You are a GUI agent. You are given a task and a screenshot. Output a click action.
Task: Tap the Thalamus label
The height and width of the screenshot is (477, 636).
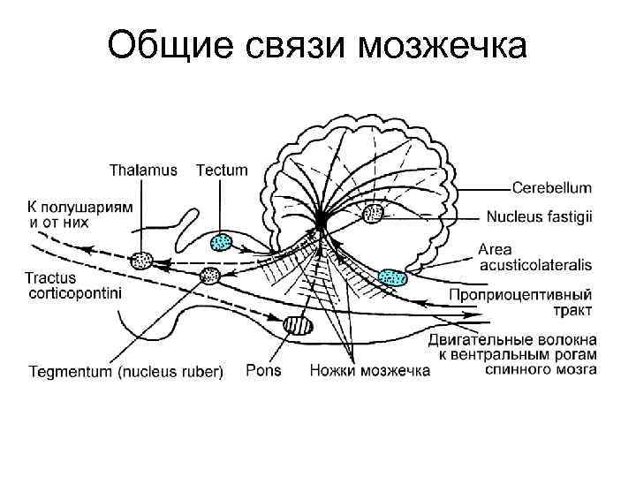pyautogui.click(x=143, y=170)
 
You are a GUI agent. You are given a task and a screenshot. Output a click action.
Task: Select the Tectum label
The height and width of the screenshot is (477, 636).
pyautogui.click(x=222, y=170)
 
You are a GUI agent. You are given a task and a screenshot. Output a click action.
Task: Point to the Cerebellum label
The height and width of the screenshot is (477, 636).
pyautogui.click(x=552, y=188)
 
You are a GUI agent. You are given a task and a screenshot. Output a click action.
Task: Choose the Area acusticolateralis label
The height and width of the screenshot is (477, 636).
pyautogui.click(x=535, y=257)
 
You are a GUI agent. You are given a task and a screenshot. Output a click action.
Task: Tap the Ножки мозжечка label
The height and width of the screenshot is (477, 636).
pyautogui.click(x=369, y=371)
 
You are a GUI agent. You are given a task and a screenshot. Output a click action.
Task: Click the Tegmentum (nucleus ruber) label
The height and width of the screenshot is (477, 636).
pyautogui.click(x=126, y=371)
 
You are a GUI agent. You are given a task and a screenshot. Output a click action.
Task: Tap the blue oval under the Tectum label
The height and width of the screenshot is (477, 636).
pyautogui.click(x=222, y=241)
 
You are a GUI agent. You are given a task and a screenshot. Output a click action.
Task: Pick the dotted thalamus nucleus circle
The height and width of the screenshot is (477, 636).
pyautogui.click(x=141, y=261)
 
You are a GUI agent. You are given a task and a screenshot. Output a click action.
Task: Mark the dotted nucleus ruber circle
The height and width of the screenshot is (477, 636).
pyautogui.click(x=210, y=275)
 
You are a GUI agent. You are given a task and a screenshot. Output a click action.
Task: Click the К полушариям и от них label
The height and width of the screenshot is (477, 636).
pyautogui.click(x=79, y=213)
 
